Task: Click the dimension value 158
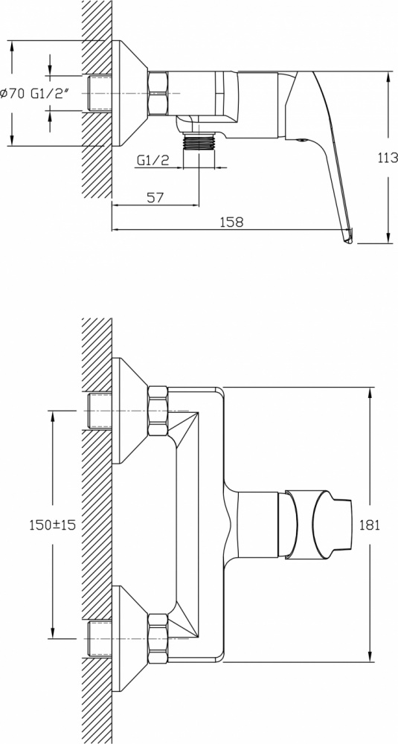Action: pyautogui.click(x=232, y=222)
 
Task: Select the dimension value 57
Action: pyautogui.click(x=155, y=197)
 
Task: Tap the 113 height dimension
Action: pyautogui.click(x=388, y=158)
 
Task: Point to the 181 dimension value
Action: pyautogui.click(x=370, y=525)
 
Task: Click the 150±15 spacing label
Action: pyautogui.click(x=53, y=525)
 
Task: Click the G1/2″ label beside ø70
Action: pyautogui.click(x=51, y=94)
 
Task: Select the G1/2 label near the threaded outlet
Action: pyautogui.click(x=153, y=161)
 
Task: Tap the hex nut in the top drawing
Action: pyautogui.click(x=158, y=94)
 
